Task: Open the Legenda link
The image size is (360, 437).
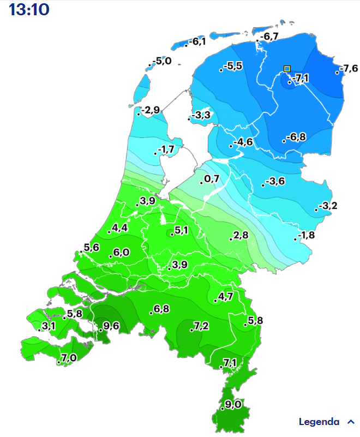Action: coord(319,422)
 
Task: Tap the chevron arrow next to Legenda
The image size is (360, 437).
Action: coord(351,422)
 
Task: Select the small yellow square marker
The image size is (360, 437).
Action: coord(287,69)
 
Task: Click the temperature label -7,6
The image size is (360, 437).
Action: coord(348,69)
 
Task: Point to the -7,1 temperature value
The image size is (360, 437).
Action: coord(301,79)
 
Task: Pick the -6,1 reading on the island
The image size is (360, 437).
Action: coord(197,42)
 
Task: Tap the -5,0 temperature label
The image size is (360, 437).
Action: coord(161,61)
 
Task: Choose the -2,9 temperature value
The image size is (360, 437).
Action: coord(150,111)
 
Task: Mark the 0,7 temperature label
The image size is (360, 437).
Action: coord(212,179)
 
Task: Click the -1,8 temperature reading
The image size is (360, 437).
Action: coord(307,235)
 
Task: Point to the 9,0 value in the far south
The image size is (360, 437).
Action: coord(233,405)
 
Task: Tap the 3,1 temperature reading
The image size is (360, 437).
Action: coord(49,326)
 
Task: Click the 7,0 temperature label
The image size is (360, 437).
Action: coord(69,358)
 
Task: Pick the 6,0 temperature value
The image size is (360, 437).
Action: coord(121,253)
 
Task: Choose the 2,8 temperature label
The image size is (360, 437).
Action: coord(241,235)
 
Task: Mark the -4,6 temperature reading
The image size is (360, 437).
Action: coord(243,142)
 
